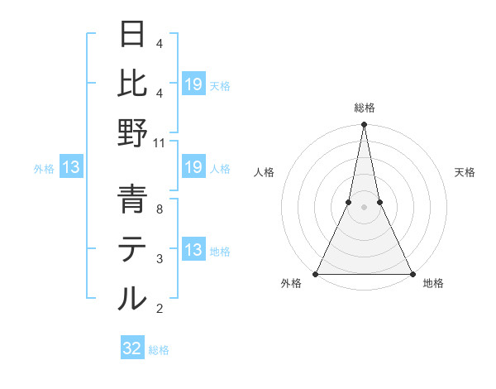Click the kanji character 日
(132, 35)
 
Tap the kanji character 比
(132, 83)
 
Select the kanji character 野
(132, 132)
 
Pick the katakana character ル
(132, 298)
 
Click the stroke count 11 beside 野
(160, 142)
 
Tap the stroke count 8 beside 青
(160, 209)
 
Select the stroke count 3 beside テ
(160, 259)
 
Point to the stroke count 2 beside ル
(160, 309)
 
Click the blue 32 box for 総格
(132, 348)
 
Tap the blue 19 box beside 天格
(193, 83)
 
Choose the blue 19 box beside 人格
(193, 168)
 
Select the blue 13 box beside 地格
(193, 250)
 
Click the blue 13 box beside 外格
(71, 168)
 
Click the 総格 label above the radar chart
(364, 108)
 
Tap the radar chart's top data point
(364, 126)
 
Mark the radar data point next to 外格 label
(316, 274)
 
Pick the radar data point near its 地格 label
(412, 274)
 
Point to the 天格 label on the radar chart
(465, 172)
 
